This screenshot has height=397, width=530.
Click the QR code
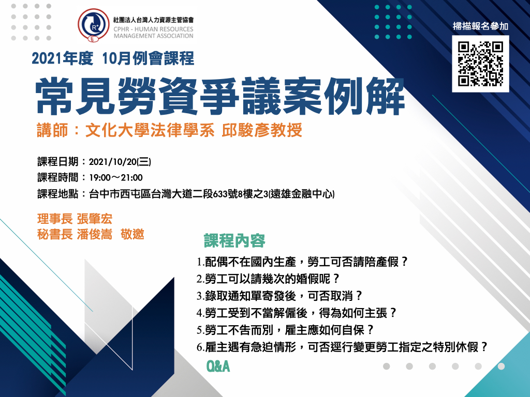pyautogui.click(x=480, y=64)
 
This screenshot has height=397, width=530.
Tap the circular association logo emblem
pyautogui.click(x=94, y=25)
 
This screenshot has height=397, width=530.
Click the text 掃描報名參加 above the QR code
pyautogui.click(x=480, y=26)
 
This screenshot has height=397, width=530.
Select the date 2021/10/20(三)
pyautogui.click(x=120, y=162)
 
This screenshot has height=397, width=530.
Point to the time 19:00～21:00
pyautogui.click(x=116, y=178)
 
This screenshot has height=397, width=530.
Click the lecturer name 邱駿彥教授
pyautogui.click(x=262, y=130)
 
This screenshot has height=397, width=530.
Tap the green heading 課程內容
pyautogui.click(x=234, y=241)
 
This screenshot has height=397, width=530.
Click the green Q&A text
pyautogui.click(x=218, y=367)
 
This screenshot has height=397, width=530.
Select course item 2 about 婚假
pyautogui.click(x=268, y=279)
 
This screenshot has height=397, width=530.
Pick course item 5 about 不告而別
pyautogui.click(x=285, y=330)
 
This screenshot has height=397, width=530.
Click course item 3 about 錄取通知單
pyautogui.click(x=279, y=296)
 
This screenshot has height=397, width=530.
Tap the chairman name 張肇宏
pyautogui.click(x=94, y=219)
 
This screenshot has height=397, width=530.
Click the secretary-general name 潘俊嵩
pyautogui.click(x=94, y=234)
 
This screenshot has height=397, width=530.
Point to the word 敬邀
pyautogui.click(x=132, y=234)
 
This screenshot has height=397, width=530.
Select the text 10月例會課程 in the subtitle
pyautogui.click(x=148, y=58)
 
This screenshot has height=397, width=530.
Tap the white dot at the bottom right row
pyautogui.click(x=501, y=367)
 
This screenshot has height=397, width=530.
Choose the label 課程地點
pyautogui.click(x=58, y=194)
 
